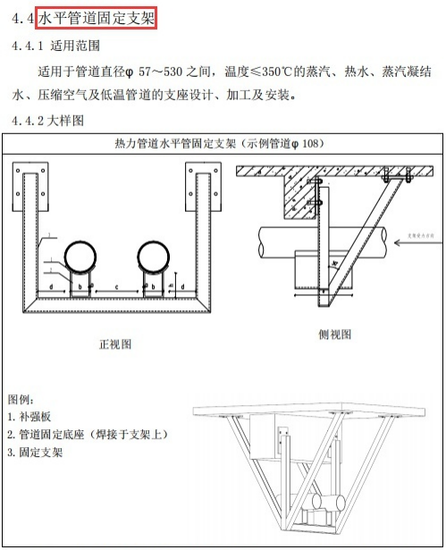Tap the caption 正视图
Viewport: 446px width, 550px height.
pyautogui.click(x=115, y=343)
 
